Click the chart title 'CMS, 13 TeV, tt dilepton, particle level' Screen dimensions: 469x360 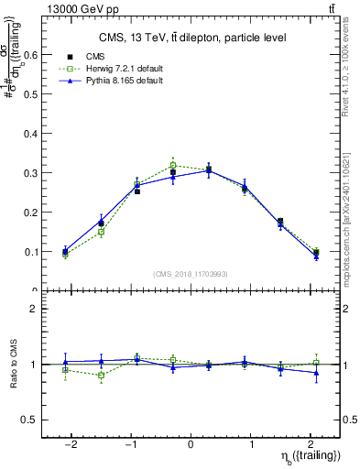191,38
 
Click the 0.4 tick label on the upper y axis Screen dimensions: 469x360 30,134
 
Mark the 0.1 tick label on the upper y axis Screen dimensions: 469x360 30,252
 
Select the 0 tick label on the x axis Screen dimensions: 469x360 191,445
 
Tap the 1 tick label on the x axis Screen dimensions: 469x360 251,445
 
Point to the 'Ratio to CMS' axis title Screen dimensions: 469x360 14,365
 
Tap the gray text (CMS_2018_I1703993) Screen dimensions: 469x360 191,274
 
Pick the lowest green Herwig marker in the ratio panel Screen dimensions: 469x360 101,376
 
